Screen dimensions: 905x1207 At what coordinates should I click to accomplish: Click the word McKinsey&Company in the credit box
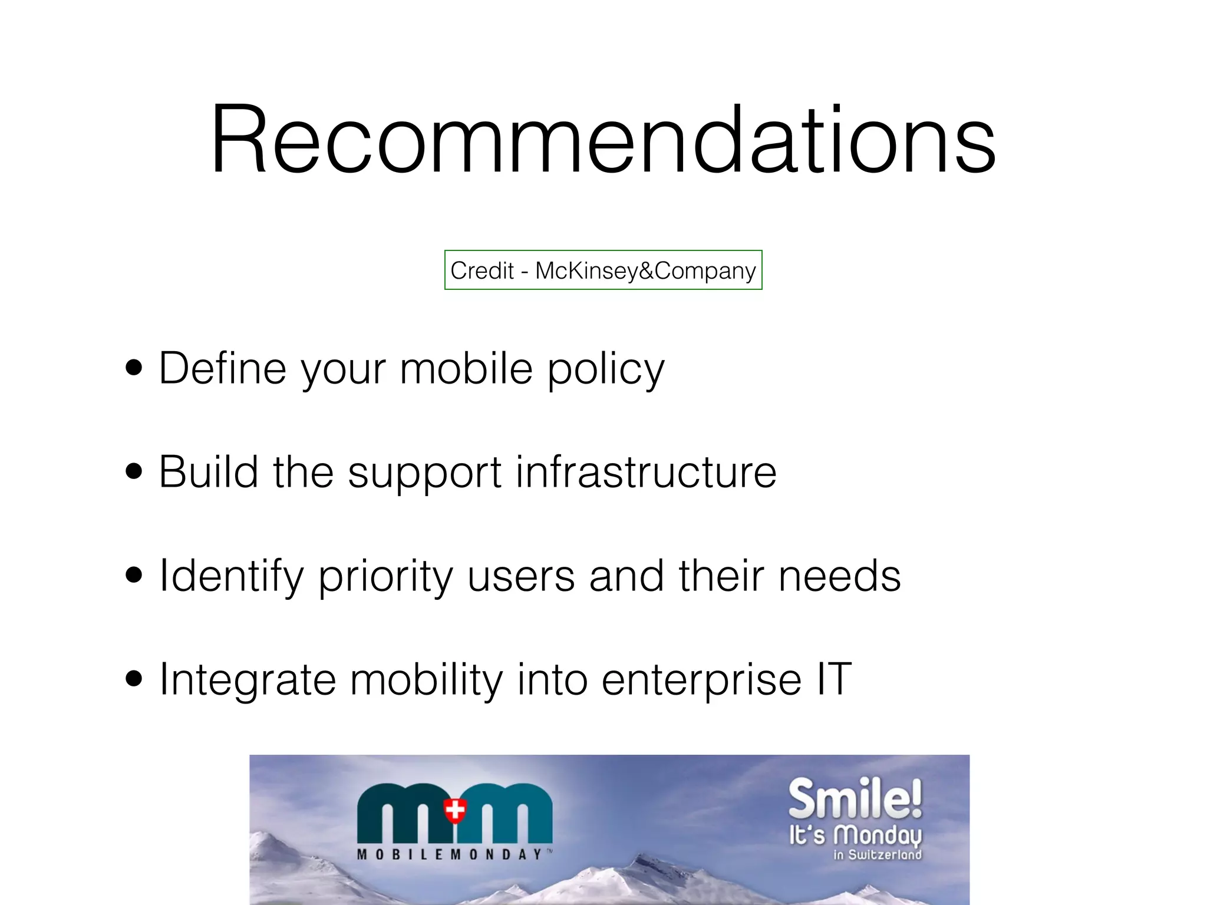pos(645,271)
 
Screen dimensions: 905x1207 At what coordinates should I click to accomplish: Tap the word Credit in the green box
pos(482,271)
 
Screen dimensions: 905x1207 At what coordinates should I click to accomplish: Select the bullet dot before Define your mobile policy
pos(134,368)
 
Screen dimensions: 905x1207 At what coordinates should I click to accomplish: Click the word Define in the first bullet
pos(223,368)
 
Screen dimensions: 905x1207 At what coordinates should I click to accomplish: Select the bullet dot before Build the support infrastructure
pos(134,472)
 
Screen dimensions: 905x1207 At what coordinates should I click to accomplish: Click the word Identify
pos(231,576)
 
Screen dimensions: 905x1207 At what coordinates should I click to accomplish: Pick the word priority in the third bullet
pos(385,577)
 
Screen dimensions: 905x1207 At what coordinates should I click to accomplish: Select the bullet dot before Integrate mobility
pos(134,679)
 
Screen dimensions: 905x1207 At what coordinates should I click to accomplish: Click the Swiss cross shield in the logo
pos(454,810)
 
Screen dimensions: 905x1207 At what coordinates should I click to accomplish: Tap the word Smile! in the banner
pos(855,798)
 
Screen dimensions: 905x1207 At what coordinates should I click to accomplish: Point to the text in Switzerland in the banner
pos(877,855)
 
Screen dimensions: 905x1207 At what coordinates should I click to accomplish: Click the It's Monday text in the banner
pos(855,835)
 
